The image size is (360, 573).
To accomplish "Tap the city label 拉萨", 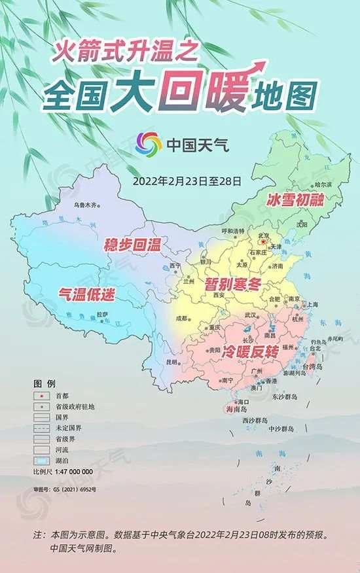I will tap(102, 314).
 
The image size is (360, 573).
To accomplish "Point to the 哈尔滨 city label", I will tap(323, 185).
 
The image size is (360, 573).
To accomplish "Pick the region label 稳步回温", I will tap(134, 246).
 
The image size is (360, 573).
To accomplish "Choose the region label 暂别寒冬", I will tap(233, 285).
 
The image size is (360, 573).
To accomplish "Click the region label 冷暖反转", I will tap(251, 351).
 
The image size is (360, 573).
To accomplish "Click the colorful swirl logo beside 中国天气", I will tap(149, 144).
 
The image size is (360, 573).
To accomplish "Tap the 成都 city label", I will tap(181, 319).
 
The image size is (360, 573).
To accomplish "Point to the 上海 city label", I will tap(314, 305).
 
